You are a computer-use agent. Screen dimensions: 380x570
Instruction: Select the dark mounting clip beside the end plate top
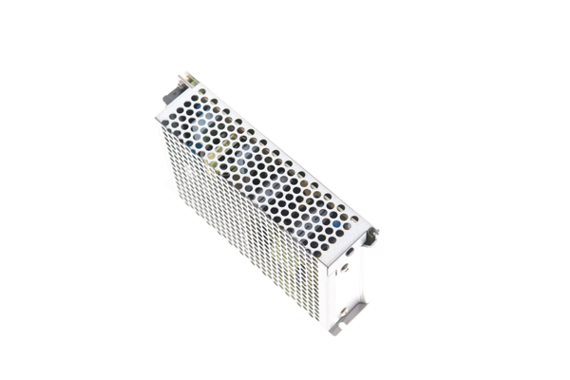pos(371,233)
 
